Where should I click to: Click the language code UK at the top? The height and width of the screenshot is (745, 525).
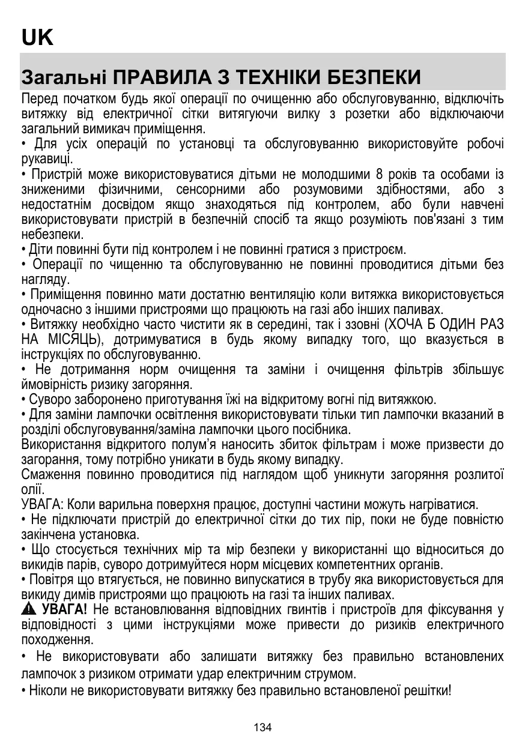click(x=37, y=38)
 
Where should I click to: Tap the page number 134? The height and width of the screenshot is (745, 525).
click(x=262, y=728)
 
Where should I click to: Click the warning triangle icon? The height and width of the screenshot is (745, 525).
click(x=28, y=611)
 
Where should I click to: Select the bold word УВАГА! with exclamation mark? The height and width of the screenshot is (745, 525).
click(x=64, y=610)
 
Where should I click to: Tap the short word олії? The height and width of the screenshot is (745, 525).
click(x=32, y=489)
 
